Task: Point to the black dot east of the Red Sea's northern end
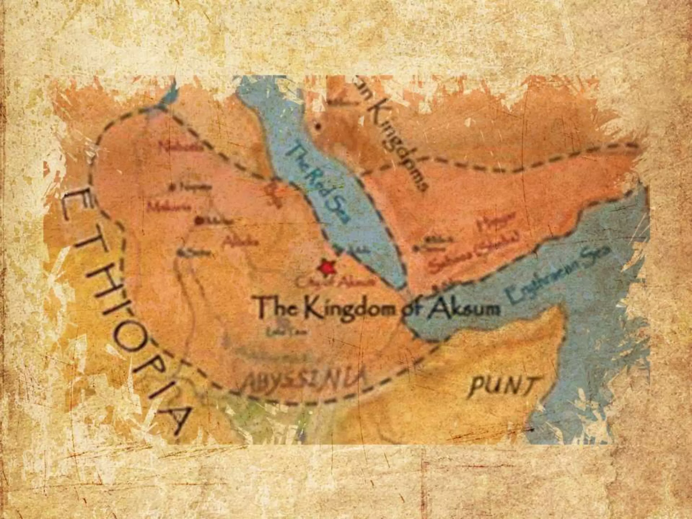coord(318,127)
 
